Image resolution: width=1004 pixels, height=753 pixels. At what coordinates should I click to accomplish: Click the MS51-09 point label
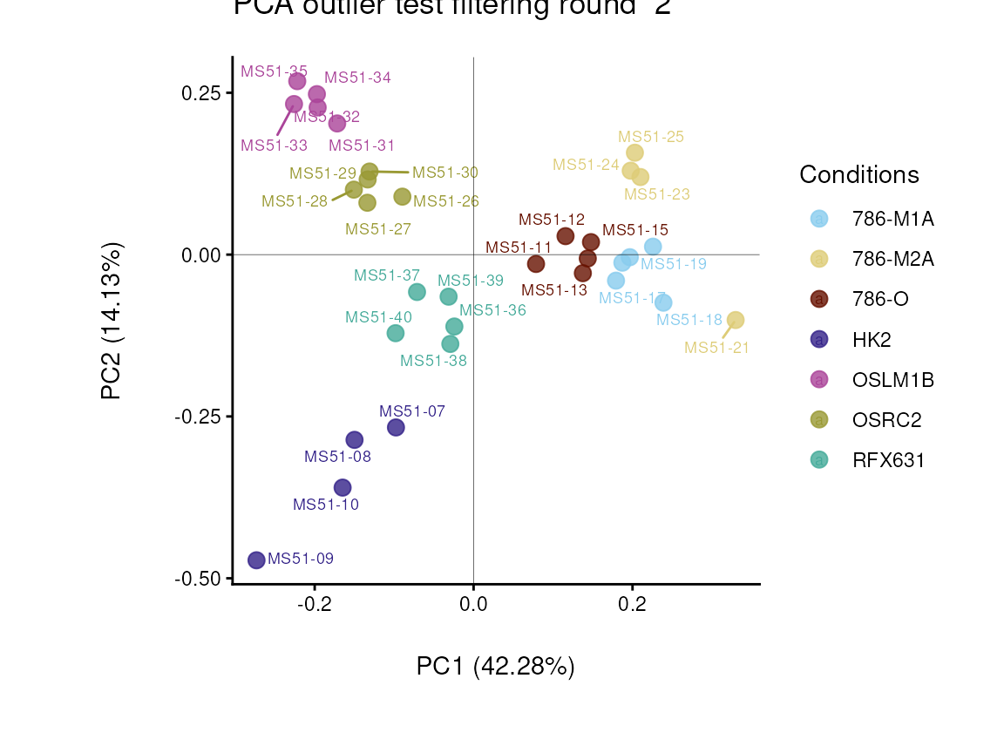pyautogui.click(x=300, y=559)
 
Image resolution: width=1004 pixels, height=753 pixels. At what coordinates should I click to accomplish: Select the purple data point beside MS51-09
pyautogui.click(x=256, y=560)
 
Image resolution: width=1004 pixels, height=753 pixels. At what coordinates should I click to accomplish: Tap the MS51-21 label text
pyautogui.click(x=716, y=348)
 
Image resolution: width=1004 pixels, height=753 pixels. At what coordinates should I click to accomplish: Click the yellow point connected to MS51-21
pyautogui.click(x=736, y=320)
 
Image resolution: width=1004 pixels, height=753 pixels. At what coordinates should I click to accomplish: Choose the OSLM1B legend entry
pyautogui.click(x=892, y=380)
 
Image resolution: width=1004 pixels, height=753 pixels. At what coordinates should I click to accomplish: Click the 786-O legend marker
pyautogui.click(x=819, y=299)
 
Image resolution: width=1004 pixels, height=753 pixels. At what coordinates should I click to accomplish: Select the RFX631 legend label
pyautogui.click(x=888, y=460)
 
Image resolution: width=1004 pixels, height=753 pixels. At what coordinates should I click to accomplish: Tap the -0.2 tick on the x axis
pyautogui.click(x=313, y=604)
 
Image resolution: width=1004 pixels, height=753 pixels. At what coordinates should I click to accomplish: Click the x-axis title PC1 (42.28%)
pyautogui.click(x=495, y=667)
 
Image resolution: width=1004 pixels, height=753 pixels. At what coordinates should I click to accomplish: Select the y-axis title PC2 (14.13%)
pyautogui.click(x=112, y=321)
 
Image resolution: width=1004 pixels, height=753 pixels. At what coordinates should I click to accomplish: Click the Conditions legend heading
pyautogui.click(x=858, y=174)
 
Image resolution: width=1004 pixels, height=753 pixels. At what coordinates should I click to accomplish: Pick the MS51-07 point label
pyautogui.click(x=412, y=411)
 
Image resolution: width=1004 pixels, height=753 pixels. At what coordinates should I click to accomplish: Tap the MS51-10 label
pyautogui.click(x=326, y=505)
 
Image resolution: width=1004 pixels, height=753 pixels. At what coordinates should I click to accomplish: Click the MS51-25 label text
pyautogui.click(x=651, y=137)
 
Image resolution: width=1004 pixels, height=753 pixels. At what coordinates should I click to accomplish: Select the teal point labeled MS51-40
pyautogui.click(x=396, y=333)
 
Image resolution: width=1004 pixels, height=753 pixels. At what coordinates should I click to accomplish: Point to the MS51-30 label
pyautogui.click(x=445, y=173)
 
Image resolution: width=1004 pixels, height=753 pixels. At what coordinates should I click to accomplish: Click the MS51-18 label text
pyautogui.click(x=689, y=320)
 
